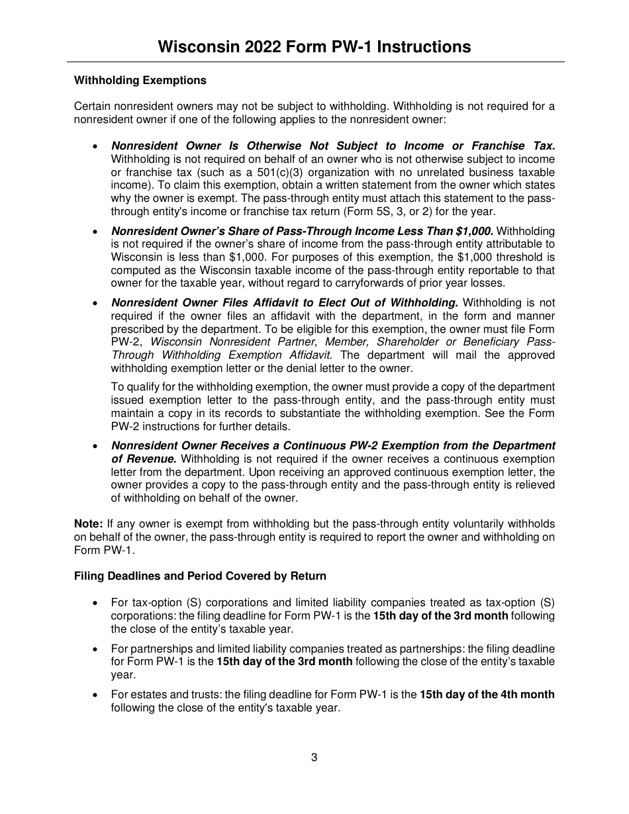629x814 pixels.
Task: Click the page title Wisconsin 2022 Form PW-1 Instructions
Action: (x=314, y=47)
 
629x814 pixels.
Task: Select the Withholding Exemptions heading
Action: (x=140, y=81)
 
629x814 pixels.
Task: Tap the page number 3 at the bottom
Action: (x=314, y=758)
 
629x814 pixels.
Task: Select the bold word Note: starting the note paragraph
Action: (x=89, y=524)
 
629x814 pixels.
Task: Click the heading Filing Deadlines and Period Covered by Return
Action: (x=200, y=576)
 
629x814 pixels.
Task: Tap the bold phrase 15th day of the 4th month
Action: (x=487, y=694)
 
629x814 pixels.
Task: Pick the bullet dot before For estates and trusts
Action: (x=97, y=695)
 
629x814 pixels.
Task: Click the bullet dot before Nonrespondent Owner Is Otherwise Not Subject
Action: (x=97, y=146)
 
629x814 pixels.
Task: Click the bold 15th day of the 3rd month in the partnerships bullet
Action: (x=285, y=662)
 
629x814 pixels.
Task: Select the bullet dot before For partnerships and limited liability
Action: (x=97, y=649)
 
